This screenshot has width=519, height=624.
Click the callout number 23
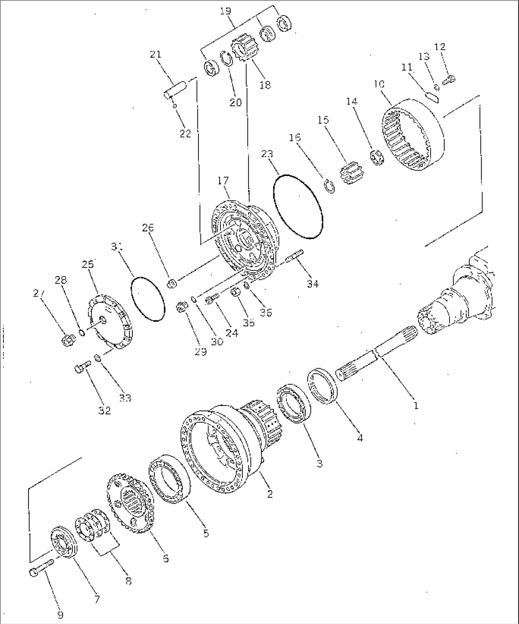267,154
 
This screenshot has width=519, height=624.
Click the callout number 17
223,180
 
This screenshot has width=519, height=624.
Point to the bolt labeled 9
41,569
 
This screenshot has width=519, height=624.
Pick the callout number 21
155,55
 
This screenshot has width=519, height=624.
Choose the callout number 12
440,47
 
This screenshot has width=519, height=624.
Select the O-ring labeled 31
147,300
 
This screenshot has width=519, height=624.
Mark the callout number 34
312,284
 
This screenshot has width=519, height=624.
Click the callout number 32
105,410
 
